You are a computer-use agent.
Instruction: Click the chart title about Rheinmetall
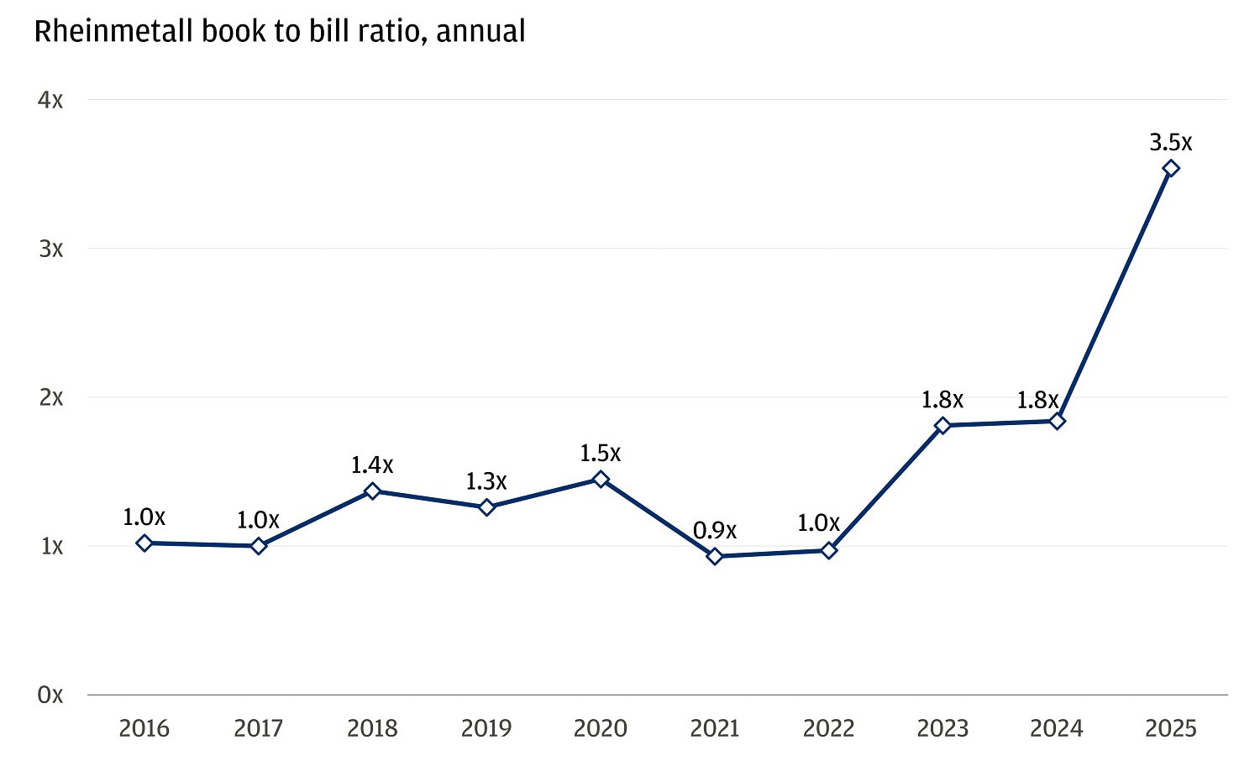[x=280, y=32]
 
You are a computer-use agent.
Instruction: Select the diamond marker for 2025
[x=1171, y=168]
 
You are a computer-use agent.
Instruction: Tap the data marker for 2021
[x=715, y=556]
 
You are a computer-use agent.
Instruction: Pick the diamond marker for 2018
[x=372, y=491]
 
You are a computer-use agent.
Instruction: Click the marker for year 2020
[x=601, y=479]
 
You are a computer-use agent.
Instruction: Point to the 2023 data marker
[x=942, y=426]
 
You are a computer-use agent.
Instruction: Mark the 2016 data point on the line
[x=144, y=543]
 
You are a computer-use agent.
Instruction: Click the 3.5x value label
[x=1171, y=142]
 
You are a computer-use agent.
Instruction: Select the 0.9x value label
[x=715, y=531]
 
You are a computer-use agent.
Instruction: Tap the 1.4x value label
[x=372, y=464]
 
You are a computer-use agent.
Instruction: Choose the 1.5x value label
[x=601, y=454]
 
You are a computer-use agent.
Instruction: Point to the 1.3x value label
[x=486, y=481]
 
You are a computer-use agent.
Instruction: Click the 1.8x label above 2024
[x=1037, y=401]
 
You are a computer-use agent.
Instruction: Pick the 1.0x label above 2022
[x=818, y=523]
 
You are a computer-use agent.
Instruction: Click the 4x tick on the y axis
[x=50, y=100]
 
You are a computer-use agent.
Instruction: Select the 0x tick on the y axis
[x=50, y=695]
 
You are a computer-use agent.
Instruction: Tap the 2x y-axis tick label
[x=50, y=397]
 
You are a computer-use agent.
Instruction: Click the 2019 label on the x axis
[x=486, y=727]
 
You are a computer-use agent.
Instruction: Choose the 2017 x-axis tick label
[x=258, y=727]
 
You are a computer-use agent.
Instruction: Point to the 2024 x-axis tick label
[x=1057, y=727]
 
